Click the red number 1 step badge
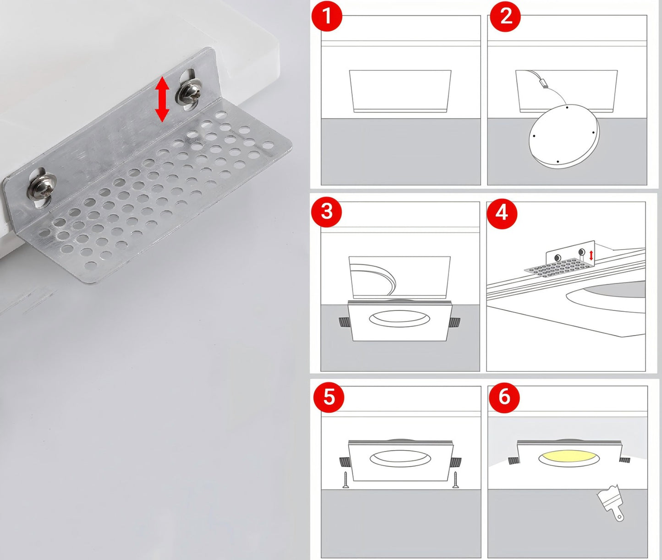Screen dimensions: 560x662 (327, 16)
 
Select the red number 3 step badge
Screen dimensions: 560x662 (327, 212)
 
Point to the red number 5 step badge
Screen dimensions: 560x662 (328, 397)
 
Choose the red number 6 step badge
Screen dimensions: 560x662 (504, 397)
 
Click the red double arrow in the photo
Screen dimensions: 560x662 (162, 99)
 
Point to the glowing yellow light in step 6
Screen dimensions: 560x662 (569, 458)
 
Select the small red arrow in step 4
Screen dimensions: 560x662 (591, 256)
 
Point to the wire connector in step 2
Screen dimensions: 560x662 (543, 83)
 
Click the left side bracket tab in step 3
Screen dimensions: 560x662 (344, 322)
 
